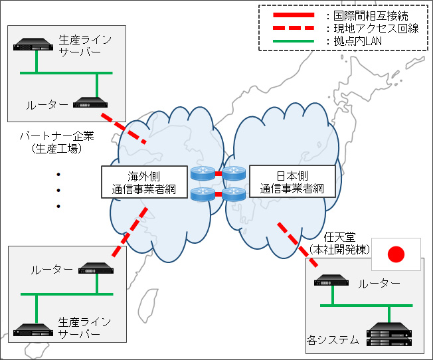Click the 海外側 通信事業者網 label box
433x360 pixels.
(x=143, y=182)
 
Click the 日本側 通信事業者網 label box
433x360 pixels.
(x=291, y=182)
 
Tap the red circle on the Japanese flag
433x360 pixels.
(x=396, y=254)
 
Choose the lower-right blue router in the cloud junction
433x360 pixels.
(x=234, y=195)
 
